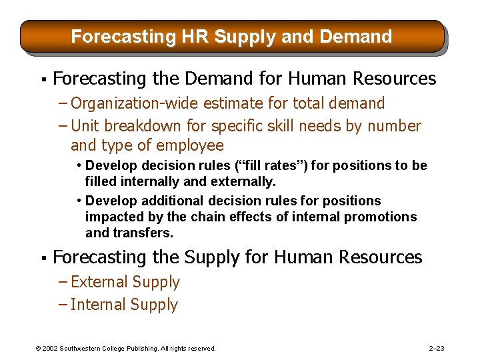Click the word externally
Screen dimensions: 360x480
coord(243,181)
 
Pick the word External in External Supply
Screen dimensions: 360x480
coord(97,282)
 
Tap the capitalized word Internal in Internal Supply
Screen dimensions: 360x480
coord(96,305)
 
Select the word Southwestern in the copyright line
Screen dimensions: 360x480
coord(84,348)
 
